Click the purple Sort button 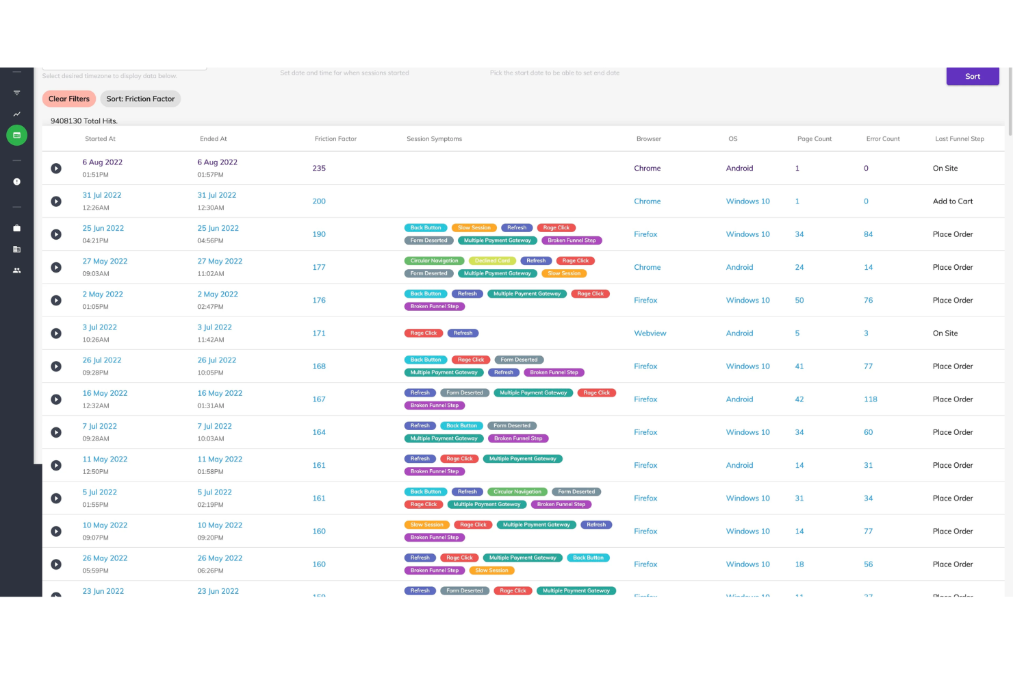[972, 77]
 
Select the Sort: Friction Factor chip [140, 99]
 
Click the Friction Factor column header [335, 139]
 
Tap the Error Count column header [882, 139]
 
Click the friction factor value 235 [319, 168]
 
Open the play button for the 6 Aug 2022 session [56, 168]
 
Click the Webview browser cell [650, 334]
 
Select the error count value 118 [870, 399]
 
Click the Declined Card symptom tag [492, 261]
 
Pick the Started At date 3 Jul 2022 [100, 327]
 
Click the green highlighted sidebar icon [17, 136]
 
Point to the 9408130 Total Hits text [84, 121]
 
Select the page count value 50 [799, 301]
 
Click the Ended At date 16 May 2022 [220, 393]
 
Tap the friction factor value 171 [319, 334]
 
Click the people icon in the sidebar [17, 271]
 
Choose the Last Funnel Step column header [959, 139]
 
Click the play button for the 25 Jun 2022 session [56, 234]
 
